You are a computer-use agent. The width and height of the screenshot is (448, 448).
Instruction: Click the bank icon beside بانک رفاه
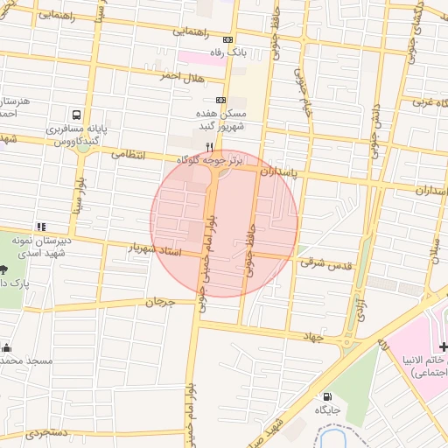[x=228, y=39]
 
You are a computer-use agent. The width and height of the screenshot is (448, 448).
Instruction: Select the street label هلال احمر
[x=180, y=77]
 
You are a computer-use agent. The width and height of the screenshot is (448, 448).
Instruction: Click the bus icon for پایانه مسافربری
[x=77, y=114]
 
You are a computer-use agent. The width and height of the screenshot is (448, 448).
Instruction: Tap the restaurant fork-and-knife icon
[x=208, y=146]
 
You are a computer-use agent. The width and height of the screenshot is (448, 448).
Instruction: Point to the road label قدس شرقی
[x=325, y=262]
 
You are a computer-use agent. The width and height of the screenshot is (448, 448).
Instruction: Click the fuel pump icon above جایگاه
[x=327, y=395]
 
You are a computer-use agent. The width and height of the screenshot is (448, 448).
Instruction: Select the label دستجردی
[x=45, y=433]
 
